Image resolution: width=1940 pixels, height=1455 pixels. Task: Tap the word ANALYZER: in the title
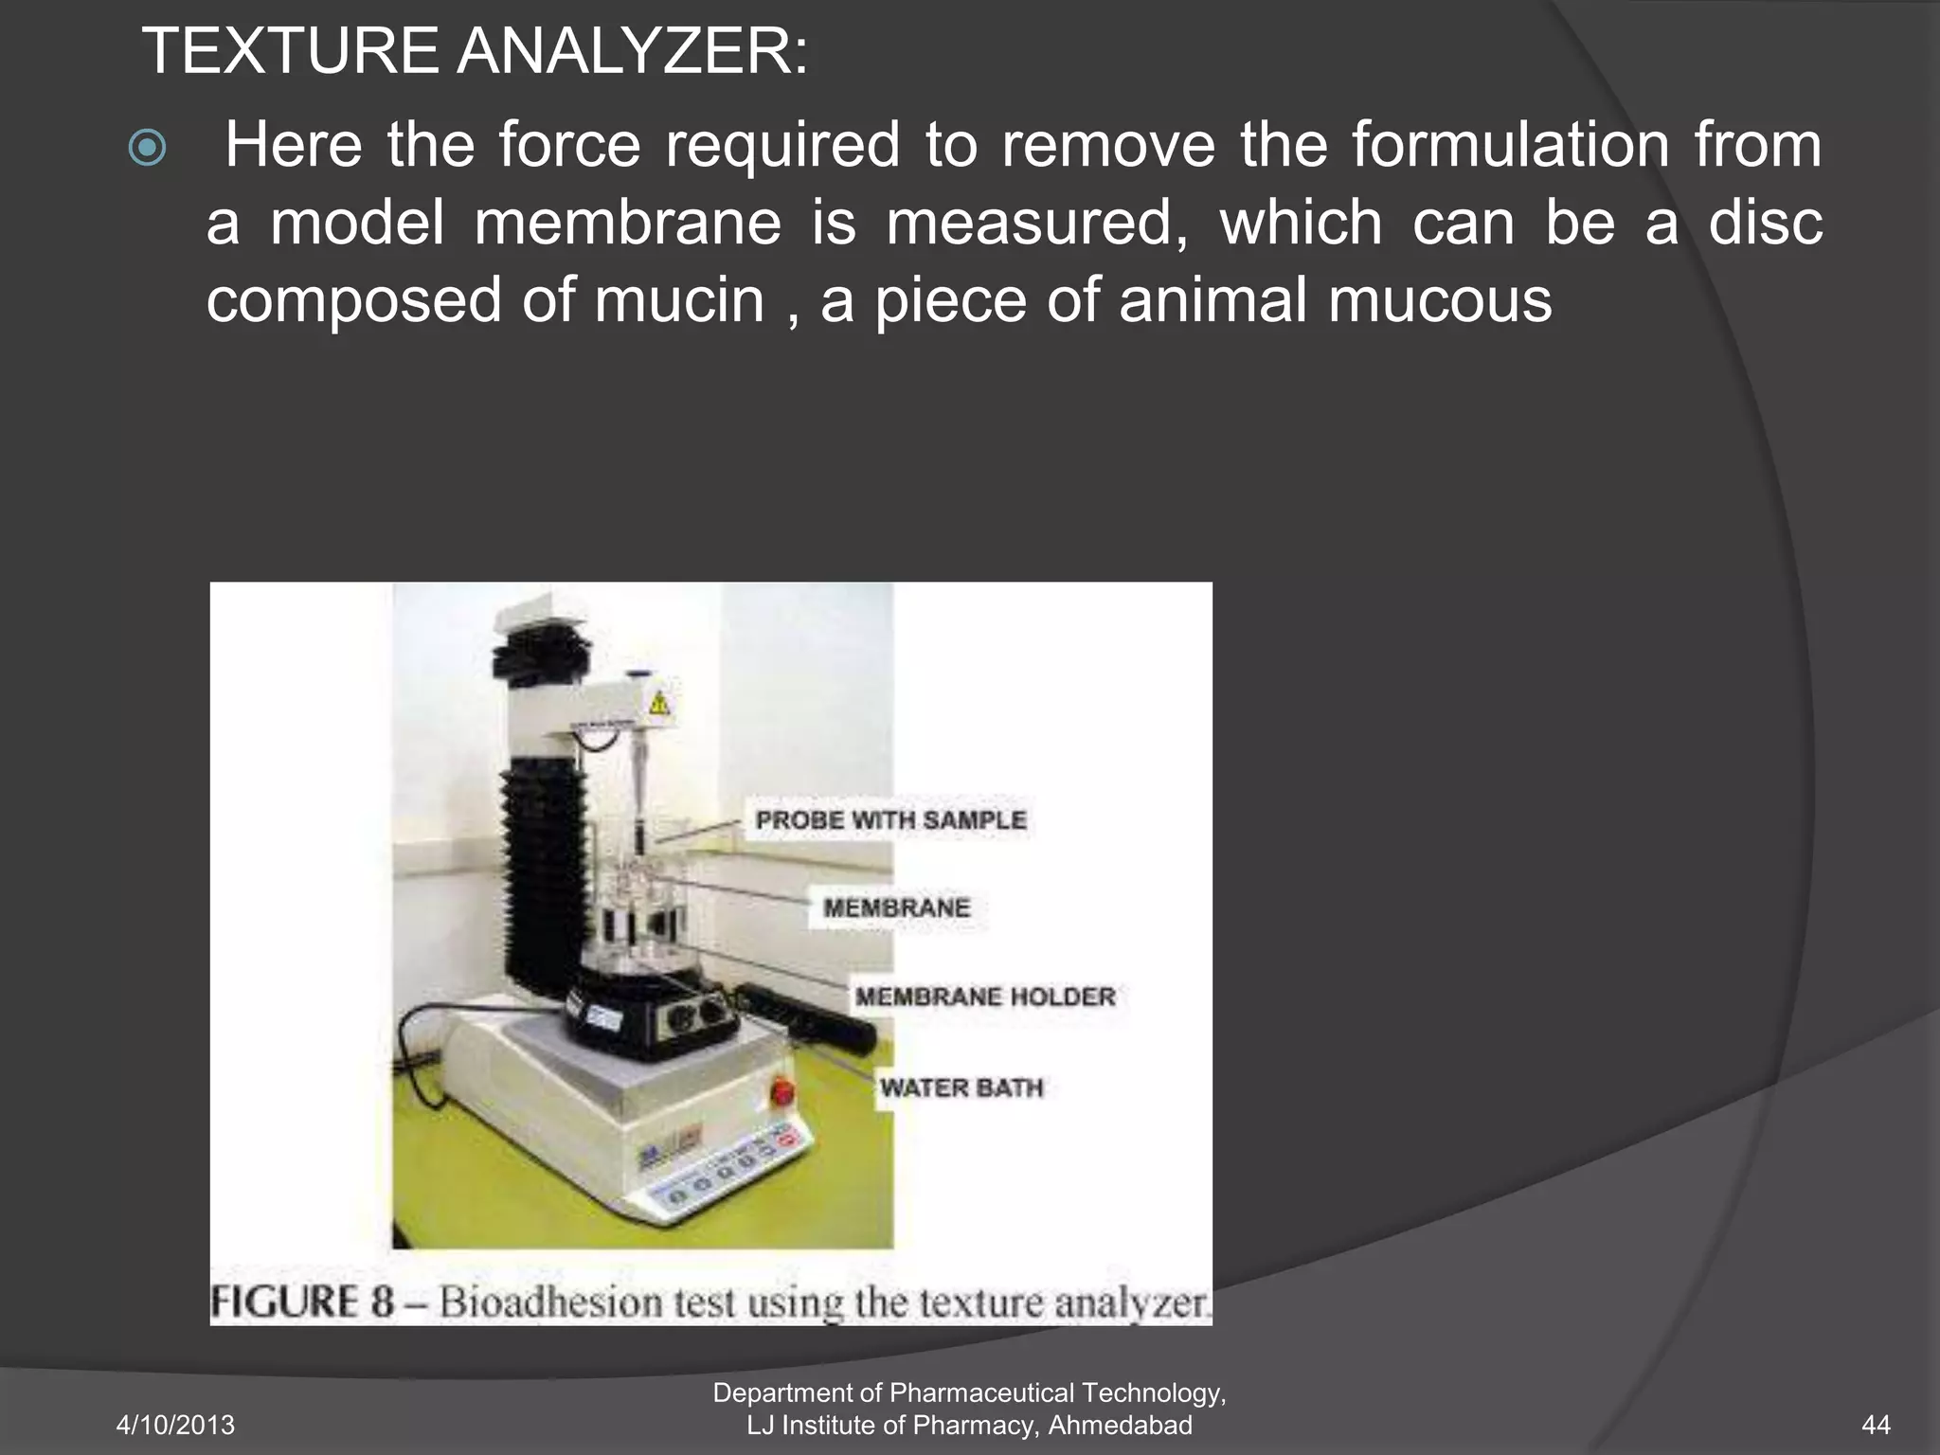coord(632,52)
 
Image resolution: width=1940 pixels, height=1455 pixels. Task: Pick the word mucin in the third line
coord(678,300)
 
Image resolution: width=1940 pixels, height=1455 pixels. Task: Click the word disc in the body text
coord(1765,224)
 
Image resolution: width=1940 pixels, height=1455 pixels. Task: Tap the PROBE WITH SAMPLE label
coord(890,820)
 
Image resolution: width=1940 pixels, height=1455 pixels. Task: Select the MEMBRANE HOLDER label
coord(985,997)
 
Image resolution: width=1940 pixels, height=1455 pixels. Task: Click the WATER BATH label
coord(961,1087)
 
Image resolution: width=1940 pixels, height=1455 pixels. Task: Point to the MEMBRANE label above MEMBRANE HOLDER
coord(896,907)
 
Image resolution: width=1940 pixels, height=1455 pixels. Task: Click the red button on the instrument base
coord(782,1092)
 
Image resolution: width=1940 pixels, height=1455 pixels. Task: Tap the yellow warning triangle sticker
coord(659,703)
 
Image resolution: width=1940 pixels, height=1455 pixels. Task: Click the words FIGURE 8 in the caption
coord(301,1302)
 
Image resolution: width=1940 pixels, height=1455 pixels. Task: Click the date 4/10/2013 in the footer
coord(175,1425)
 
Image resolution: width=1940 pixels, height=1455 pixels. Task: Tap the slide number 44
coord(1876,1425)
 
